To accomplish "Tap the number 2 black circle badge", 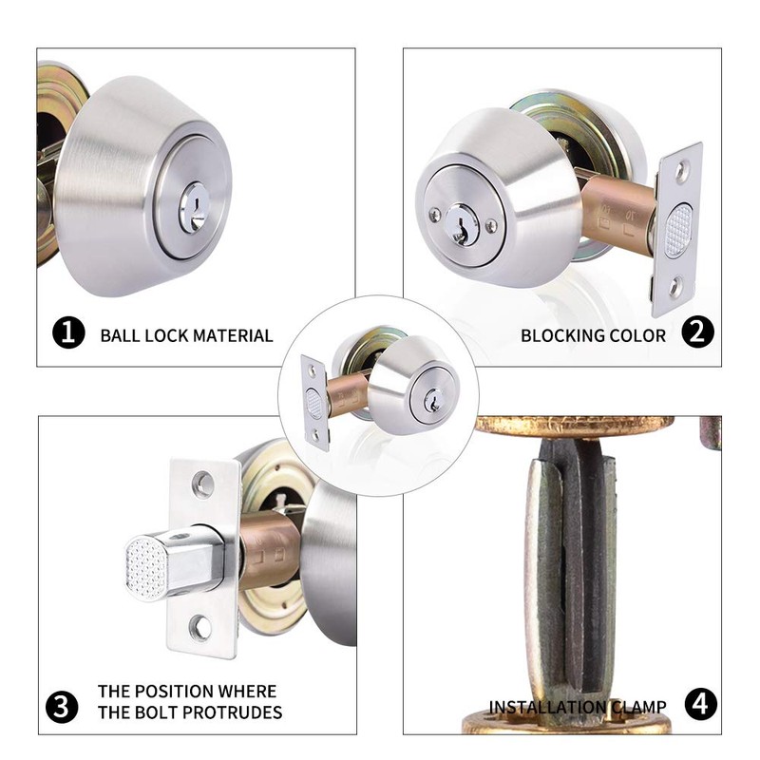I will click(698, 333).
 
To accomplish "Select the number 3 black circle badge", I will click(63, 706).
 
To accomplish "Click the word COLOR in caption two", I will click(643, 335).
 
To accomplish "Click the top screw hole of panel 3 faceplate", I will click(203, 486).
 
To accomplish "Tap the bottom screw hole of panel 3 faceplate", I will click(200, 627).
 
